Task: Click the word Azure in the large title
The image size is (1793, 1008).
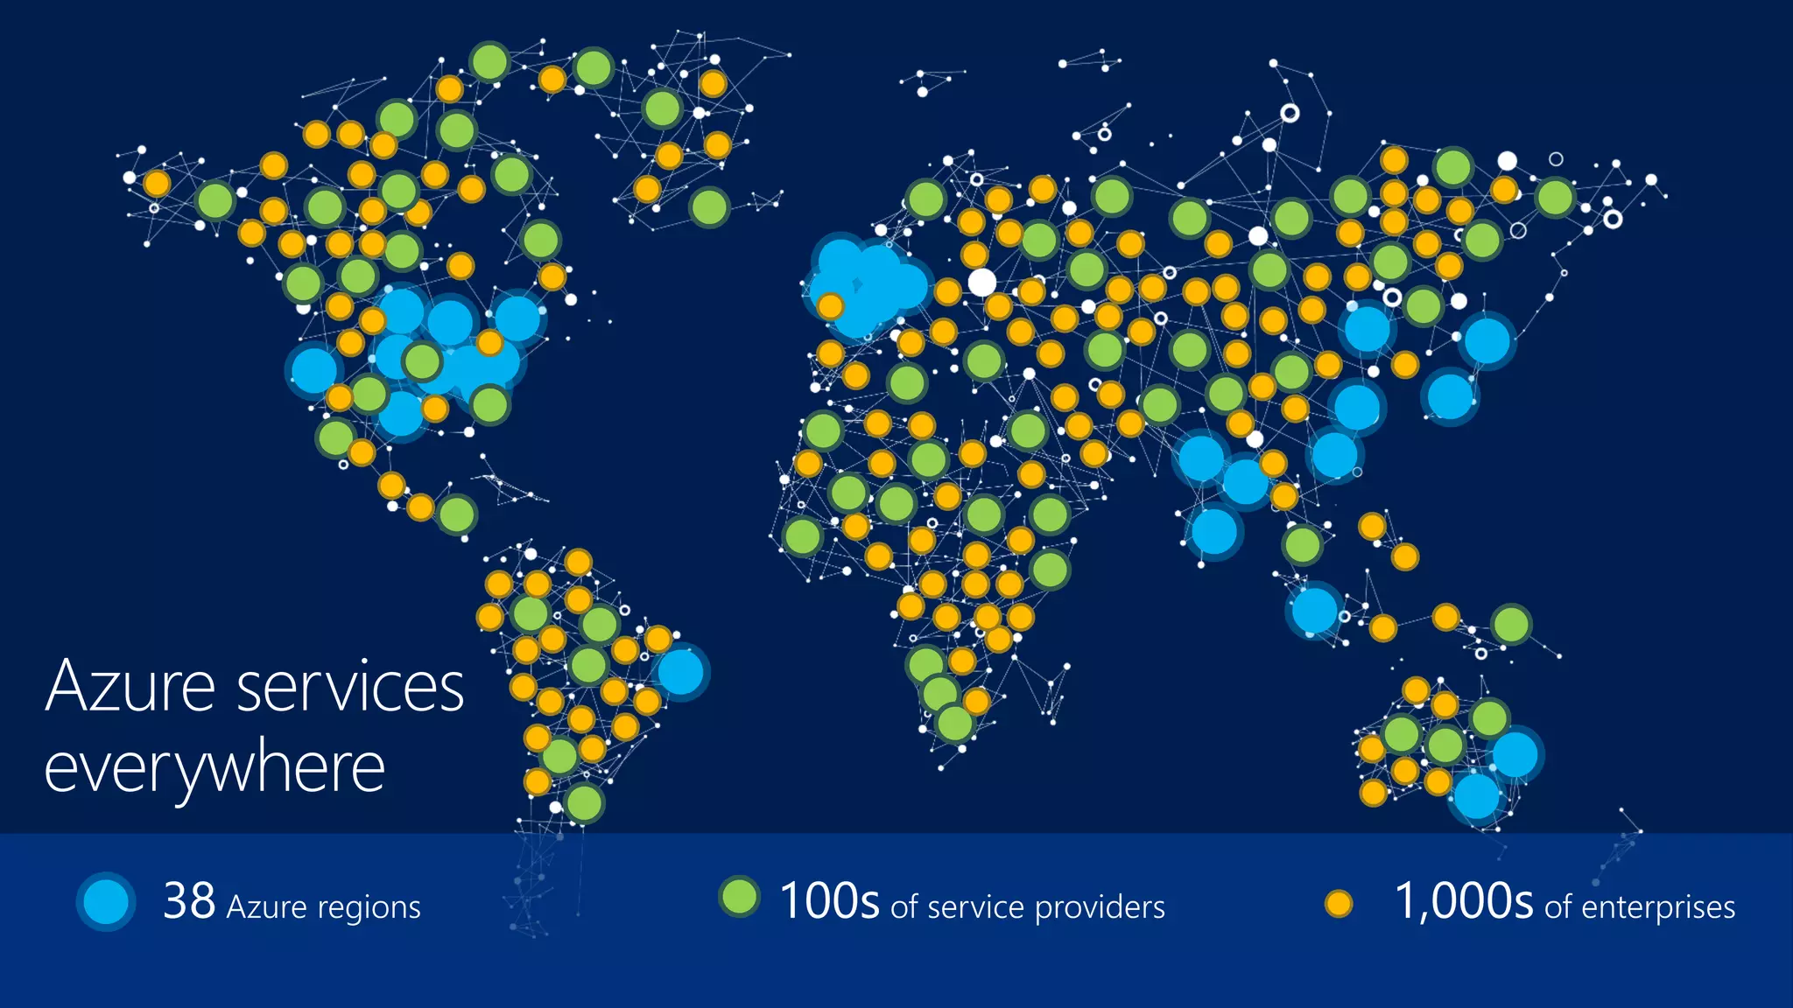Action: click(131, 687)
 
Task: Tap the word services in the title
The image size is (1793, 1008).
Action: click(351, 687)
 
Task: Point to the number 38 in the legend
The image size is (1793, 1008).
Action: click(189, 901)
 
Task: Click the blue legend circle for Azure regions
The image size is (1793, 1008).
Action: click(106, 901)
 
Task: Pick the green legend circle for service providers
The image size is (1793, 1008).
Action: click(739, 897)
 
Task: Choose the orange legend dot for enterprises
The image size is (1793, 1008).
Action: click(1338, 904)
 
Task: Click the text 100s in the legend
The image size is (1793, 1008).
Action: click(829, 901)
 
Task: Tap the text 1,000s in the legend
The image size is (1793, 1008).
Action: click(1463, 901)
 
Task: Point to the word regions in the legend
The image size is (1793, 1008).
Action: click(369, 907)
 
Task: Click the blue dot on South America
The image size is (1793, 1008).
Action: click(680, 672)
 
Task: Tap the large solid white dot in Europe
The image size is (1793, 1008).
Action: click(981, 282)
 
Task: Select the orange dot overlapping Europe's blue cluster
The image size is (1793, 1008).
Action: click(830, 306)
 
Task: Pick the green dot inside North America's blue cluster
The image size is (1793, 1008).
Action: click(422, 360)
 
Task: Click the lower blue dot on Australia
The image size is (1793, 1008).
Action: click(1477, 796)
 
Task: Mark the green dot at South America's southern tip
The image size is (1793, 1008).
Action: click(583, 802)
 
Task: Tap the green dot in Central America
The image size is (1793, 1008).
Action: click(456, 514)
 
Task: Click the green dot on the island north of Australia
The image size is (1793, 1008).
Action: click(1511, 625)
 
